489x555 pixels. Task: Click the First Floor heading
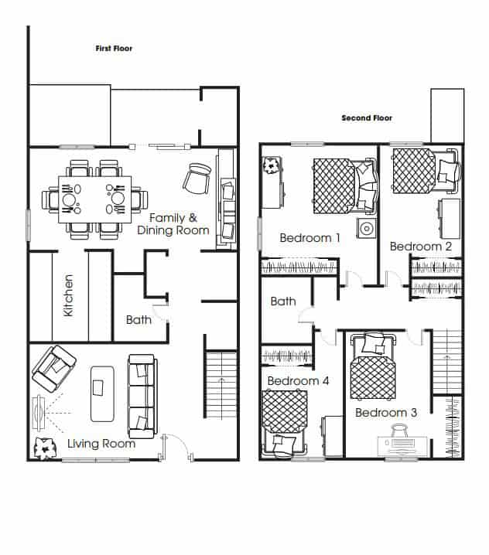pos(114,48)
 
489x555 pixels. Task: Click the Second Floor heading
pos(367,117)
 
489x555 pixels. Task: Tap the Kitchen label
pos(68,295)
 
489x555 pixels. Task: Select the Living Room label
pos(101,444)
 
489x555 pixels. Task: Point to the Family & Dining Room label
pos(173,224)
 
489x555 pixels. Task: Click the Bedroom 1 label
pos(310,237)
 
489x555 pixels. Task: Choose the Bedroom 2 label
pos(421,247)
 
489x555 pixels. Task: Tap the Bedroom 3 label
pos(386,412)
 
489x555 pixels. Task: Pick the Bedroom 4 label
pos(299,381)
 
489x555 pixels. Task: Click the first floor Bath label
pos(138,320)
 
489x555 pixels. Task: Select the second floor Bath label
pos(283,301)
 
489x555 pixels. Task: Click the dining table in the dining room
pos(95,199)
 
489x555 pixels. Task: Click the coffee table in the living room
pos(102,394)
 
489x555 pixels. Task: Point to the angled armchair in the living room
pos(53,369)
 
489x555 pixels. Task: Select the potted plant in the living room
pos(45,449)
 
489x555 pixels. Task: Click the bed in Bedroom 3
pos(373,366)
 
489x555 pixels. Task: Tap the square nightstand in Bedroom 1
pos(367,228)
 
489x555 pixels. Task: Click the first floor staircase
pos(221,385)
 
